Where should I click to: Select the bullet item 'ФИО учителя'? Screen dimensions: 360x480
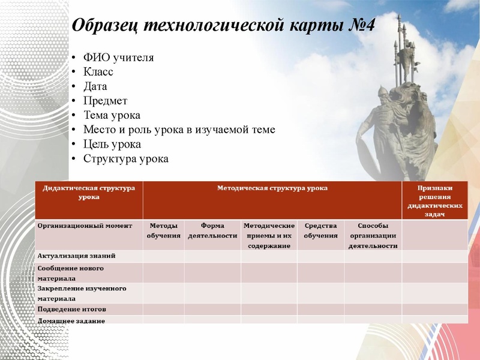tap(118, 58)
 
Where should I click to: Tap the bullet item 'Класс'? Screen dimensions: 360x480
tap(98, 72)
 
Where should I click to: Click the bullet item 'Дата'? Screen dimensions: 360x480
tap(95, 86)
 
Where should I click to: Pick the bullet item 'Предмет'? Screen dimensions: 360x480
tap(105, 101)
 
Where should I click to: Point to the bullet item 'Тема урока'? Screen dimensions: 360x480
tap(112, 115)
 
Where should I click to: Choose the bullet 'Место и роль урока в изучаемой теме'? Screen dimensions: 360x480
tap(179, 130)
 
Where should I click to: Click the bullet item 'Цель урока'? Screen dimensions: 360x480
tap(112, 145)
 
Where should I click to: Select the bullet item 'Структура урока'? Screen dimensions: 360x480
tap(125, 159)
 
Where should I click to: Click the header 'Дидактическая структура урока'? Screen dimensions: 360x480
tap(89, 192)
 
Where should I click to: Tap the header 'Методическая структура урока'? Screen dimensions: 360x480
tap(272, 188)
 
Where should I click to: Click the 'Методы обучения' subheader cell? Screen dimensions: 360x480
tap(163, 231)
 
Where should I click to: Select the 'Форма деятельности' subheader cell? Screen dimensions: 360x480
tap(212, 231)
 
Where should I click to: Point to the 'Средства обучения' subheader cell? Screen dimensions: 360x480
tap(320, 231)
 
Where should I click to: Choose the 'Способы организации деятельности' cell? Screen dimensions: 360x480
tap(373, 235)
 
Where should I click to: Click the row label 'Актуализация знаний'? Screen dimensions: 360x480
tap(76, 256)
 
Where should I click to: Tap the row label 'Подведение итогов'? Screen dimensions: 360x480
tap(71, 309)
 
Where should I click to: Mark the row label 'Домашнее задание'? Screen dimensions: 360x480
tap(71, 320)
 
